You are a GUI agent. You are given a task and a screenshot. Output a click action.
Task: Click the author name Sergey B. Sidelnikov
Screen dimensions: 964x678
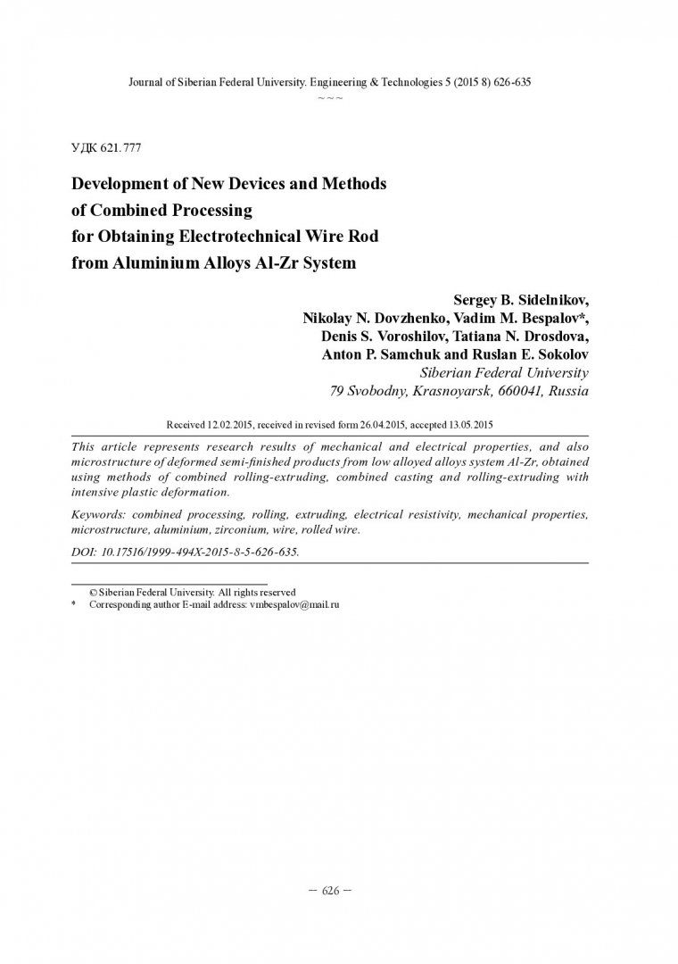click(521, 299)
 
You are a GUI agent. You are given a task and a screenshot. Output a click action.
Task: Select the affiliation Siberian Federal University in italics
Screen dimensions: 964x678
click(503, 372)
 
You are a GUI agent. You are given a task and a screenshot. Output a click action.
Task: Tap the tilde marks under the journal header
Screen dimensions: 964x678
click(330, 96)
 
